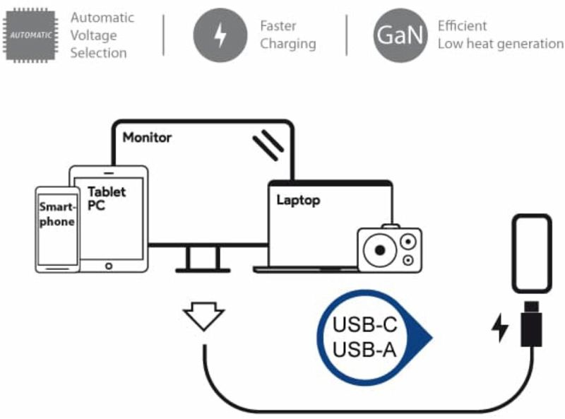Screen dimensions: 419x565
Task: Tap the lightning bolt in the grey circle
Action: coord(220,35)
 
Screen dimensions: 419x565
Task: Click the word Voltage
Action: coord(93,35)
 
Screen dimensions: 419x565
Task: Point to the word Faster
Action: coord(278,26)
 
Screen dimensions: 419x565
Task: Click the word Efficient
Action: coord(462,26)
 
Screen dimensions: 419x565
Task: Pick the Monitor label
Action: coord(147,138)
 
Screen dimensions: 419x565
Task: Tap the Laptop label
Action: coord(298,200)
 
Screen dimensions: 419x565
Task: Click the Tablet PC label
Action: coord(107,198)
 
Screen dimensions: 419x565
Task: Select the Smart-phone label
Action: coord(56,214)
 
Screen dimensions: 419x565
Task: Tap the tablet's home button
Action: coord(109,266)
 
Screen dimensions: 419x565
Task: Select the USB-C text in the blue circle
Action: coord(365,326)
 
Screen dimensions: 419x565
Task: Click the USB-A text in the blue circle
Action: coord(365,349)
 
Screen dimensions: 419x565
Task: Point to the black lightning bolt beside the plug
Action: coord(500,328)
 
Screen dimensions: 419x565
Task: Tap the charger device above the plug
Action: coord(531,253)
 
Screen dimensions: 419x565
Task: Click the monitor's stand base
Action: coord(203,269)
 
